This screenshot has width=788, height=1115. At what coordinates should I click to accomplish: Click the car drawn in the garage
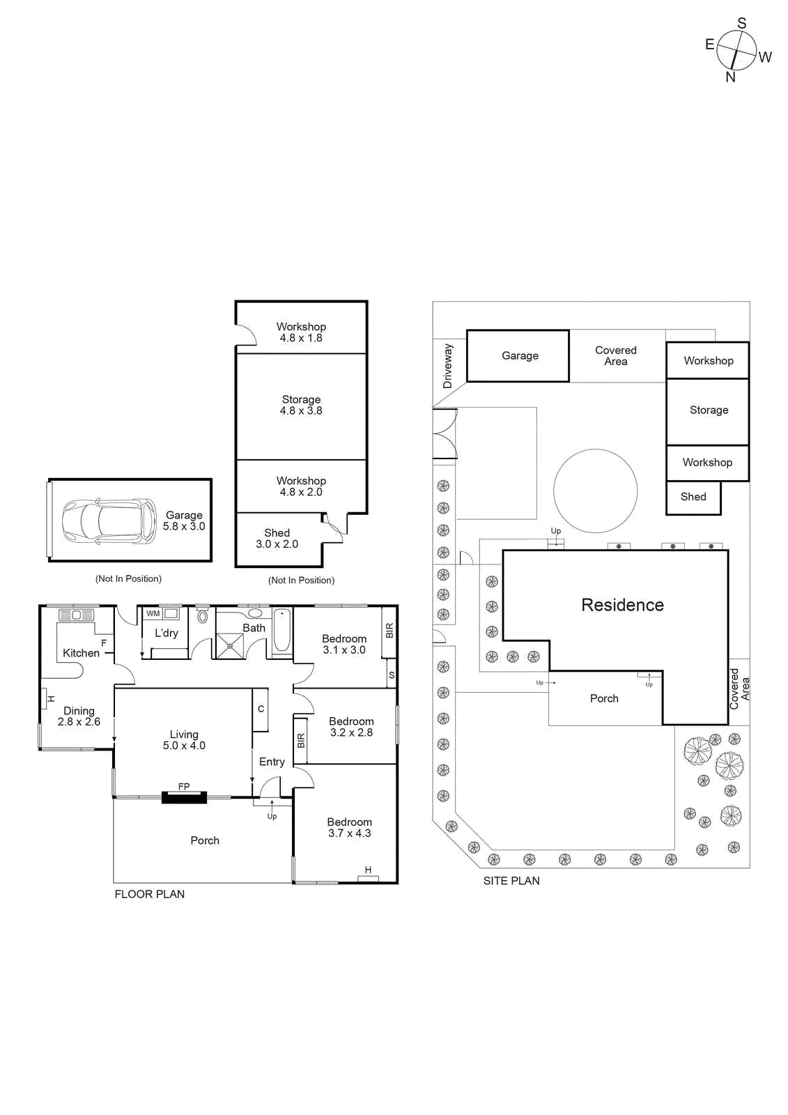(x=109, y=521)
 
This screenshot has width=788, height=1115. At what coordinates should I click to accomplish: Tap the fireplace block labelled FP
(x=184, y=797)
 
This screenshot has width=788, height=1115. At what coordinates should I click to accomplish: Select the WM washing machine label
(x=153, y=613)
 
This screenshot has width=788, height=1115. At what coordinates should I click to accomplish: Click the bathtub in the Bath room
(x=281, y=631)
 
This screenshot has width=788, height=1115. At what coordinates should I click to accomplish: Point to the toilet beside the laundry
(x=202, y=616)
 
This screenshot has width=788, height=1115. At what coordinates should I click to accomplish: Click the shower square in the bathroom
(x=230, y=645)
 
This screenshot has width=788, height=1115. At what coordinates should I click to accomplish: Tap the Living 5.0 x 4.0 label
(x=184, y=740)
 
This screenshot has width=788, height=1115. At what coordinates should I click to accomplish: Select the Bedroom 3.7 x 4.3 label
(x=349, y=827)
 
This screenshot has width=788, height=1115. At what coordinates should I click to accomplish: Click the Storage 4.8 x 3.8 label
(x=301, y=405)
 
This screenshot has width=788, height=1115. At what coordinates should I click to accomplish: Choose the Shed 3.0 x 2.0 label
(x=277, y=538)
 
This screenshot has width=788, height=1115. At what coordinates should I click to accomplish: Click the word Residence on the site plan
(x=622, y=605)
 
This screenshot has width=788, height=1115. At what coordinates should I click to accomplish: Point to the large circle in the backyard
(x=595, y=491)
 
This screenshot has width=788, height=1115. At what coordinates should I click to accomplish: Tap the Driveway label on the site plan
(x=447, y=366)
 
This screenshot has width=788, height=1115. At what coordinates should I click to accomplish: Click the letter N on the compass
(x=730, y=77)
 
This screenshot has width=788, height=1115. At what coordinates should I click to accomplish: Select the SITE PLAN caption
(x=511, y=881)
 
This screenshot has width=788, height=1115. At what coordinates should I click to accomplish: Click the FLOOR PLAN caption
(x=150, y=894)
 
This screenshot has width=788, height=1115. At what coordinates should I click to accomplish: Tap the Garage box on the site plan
(x=519, y=355)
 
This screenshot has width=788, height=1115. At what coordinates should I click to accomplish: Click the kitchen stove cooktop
(x=77, y=615)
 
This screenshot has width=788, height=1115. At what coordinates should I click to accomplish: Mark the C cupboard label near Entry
(x=261, y=709)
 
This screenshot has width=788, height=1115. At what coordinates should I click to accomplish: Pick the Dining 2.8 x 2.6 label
(x=79, y=716)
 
